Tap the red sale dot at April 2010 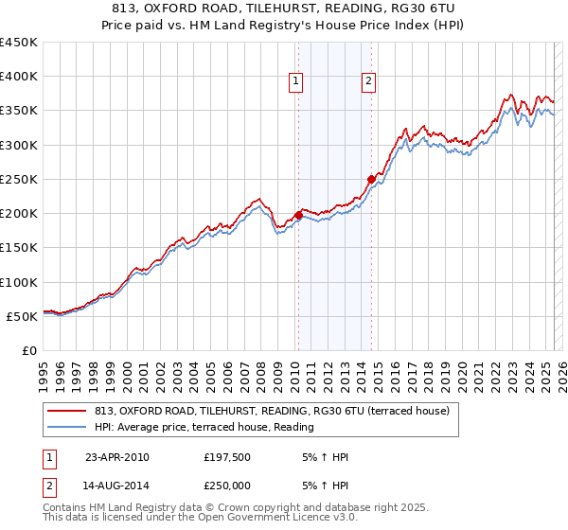[298, 215]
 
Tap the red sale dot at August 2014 [371, 179]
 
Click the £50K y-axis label [23, 316]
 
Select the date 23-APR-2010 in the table [117, 457]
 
